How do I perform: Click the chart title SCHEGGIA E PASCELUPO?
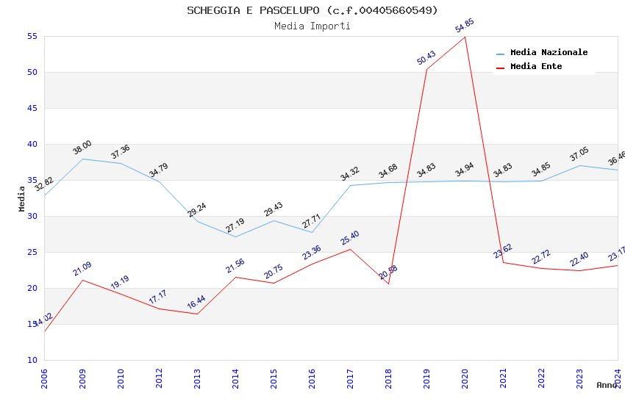pos(312,10)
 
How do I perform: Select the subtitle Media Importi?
pos(312,26)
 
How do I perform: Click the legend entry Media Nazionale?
pos(549,53)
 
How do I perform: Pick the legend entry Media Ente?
pos(536,67)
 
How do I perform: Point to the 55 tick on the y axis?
pos(32,36)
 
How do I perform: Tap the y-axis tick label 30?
pos(32,216)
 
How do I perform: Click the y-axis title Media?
pos(22,198)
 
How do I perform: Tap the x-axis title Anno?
pos(607,385)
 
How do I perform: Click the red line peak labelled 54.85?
pos(465,37)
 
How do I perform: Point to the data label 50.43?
pos(426,58)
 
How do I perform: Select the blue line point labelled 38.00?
pos(82,159)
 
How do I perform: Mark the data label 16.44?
pos(196,302)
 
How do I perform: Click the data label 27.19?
pos(235,226)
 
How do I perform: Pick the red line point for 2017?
pos(350,249)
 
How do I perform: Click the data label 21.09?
pos(82,269)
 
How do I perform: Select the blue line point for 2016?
pos(312,233)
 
